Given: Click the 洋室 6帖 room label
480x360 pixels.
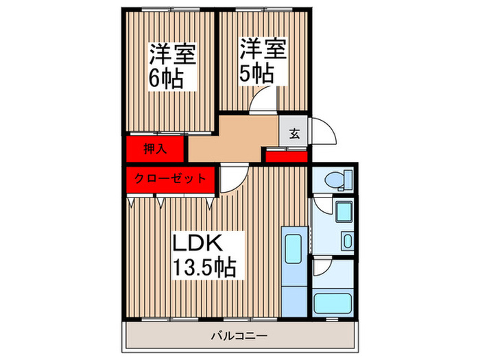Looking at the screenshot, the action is click(173, 67).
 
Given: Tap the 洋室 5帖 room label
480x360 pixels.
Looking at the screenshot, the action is click(263, 61).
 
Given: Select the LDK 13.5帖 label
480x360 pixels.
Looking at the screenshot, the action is click(204, 256).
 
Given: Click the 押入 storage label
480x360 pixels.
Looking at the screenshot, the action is click(155, 149).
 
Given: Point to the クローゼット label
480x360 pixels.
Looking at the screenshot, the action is click(170, 178).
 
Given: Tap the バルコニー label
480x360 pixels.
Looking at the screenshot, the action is click(239, 337).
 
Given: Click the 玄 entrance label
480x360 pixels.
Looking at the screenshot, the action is click(294, 134).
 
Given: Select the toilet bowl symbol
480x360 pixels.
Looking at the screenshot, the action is click(334, 180).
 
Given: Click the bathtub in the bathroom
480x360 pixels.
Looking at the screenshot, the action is click(333, 303).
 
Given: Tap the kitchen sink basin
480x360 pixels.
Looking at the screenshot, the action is click(293, 248).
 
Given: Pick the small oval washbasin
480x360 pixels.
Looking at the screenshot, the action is click(348, 241).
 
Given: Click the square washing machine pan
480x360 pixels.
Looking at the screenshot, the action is click(344, 211).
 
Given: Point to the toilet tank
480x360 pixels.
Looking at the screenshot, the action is click(348, 180).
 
